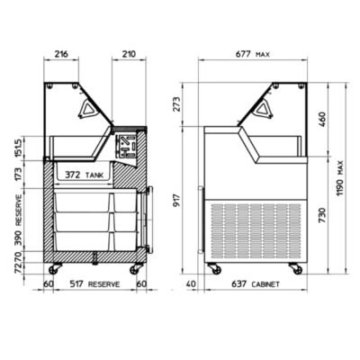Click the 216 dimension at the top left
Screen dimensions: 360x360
point(61,54)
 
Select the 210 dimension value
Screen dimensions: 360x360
point(129,54)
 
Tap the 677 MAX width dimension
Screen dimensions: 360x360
point(253,54)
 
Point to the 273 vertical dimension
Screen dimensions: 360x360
point(177,103)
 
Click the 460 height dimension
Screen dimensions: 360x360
point(321,119)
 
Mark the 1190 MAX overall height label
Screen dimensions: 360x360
point(339,178)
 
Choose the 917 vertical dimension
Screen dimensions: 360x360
point(177,201)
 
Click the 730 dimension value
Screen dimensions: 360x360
point(321,215)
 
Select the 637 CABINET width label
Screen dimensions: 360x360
point(256,283)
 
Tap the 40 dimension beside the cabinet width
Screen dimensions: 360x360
point(191,283)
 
